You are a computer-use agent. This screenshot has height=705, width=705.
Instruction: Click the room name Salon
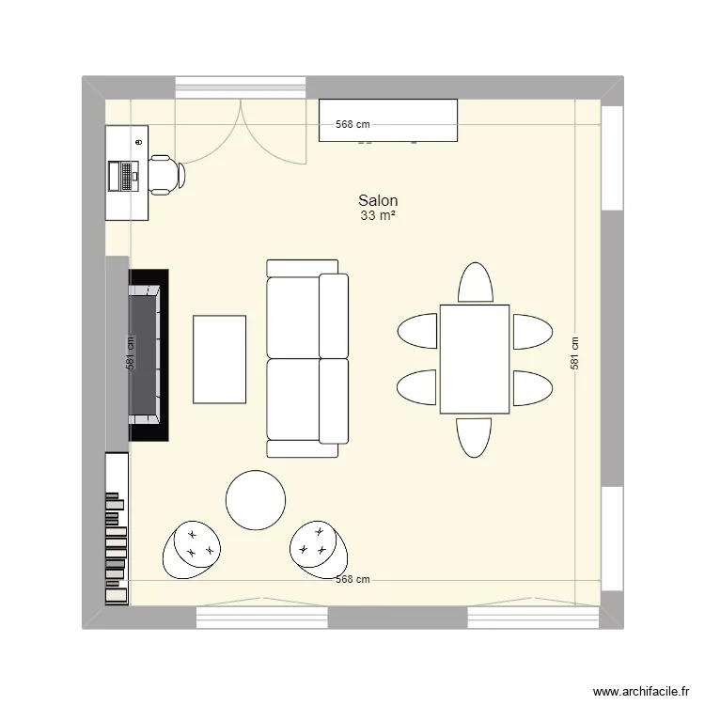click(377, 200)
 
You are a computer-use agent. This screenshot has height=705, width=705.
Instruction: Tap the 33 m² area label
click(377, 216)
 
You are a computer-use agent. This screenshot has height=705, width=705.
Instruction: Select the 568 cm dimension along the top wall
click(353, 125)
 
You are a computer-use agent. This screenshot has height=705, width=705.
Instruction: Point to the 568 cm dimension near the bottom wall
click(353, 580)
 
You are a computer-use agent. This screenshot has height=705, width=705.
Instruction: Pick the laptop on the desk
click(123, 175)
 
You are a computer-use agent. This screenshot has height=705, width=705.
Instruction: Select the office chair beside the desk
click(164, 175)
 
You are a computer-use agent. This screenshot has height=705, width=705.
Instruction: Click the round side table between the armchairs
click(256, 500)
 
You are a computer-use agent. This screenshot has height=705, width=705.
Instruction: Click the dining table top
click(475, 359)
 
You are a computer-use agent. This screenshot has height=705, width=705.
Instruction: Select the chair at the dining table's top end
click(475, 283)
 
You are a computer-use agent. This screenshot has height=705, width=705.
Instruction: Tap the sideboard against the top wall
click(388, 120)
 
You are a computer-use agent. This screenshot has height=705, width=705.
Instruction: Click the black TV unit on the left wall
click(148, 355)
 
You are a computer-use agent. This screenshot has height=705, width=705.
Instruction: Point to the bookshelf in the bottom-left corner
click(117, 531)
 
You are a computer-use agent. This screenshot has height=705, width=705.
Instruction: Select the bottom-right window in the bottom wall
click(533, 618)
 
